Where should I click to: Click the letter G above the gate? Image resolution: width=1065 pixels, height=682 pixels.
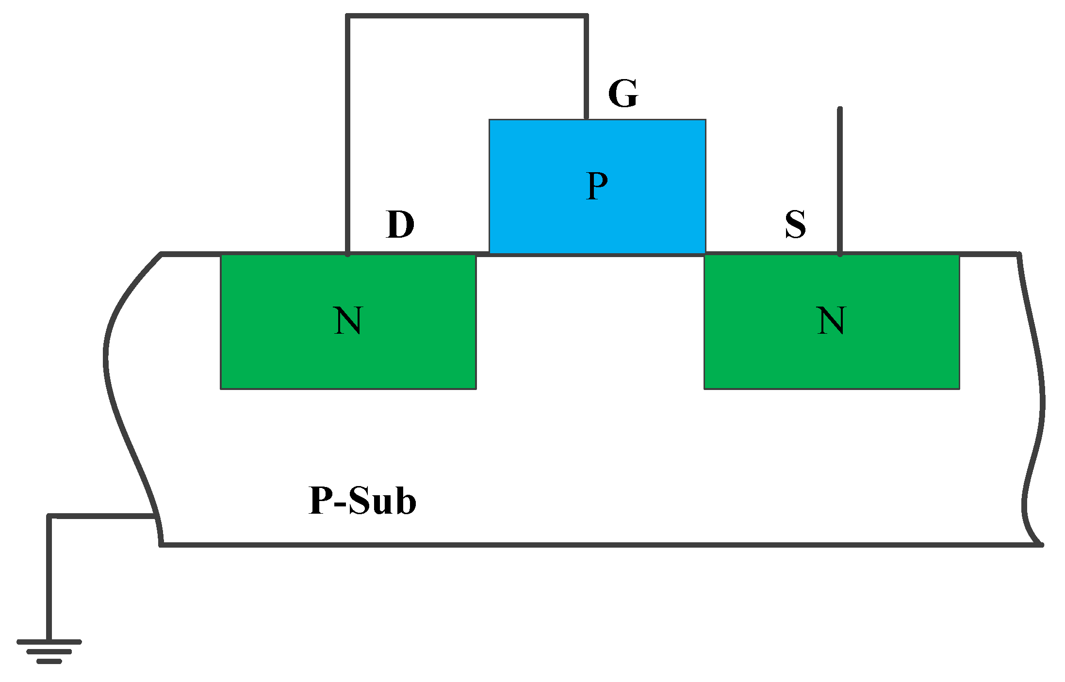(623, 94)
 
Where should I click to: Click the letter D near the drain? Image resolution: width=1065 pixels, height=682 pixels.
(400, 225)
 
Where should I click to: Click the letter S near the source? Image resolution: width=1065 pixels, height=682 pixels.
(795, 225)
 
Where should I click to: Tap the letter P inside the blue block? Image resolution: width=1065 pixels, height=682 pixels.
(597, 186)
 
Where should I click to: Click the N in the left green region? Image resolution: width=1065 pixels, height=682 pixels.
(348, 321)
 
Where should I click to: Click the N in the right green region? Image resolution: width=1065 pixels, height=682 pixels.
(831, 321)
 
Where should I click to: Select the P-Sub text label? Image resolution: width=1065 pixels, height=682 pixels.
(362, 501)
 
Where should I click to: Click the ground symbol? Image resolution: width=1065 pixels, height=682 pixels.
(49, 651)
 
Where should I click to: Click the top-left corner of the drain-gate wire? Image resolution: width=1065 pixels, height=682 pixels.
(347, 16)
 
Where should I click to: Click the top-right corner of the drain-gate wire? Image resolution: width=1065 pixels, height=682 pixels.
(586, 16)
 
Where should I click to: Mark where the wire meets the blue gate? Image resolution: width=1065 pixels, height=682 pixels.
(586, 118)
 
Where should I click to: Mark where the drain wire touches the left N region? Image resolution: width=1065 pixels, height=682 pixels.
(347, 254)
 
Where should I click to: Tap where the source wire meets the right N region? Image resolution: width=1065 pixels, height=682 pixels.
(840, 254)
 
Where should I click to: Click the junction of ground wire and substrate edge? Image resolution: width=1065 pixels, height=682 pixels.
(155, 516)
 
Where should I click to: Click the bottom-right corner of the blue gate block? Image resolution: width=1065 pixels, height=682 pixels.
(705, 253)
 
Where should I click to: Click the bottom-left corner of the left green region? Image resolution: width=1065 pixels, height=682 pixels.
(221, 388)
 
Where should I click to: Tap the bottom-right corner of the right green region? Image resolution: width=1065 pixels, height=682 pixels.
(959, 388)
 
